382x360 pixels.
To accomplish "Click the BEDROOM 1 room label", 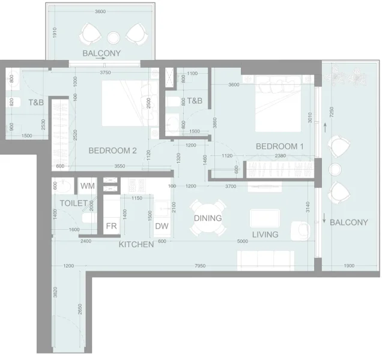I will (280, 146).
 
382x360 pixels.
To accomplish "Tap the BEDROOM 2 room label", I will (113, 151).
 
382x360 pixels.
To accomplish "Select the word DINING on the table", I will (208, 218).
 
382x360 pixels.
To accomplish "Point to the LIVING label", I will (265, 235).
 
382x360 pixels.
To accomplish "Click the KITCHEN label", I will (136, 245).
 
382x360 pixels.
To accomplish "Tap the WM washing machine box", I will (87, 187).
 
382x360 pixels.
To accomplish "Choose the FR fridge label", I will (111, 227).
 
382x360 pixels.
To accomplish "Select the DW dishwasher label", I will (162, 227).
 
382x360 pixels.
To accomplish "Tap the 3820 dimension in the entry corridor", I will (55, 293).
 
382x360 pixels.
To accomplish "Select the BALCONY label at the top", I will (102, 53).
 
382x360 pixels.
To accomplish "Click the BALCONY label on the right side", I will (349, 223).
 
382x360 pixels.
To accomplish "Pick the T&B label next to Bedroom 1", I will (195, 101).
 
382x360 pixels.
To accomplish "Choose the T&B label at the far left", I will (35, 103).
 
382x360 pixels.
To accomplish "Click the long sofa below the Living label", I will (264, 259).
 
